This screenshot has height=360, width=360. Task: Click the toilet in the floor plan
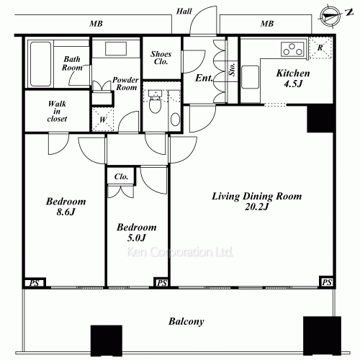tap(155, 102)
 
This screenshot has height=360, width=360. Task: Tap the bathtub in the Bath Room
tap(40, 64)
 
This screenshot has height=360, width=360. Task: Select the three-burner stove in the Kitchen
tap(292, 49)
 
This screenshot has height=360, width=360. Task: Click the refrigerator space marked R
tap(320, 48)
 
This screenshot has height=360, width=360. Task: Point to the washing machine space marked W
tap(103, 119)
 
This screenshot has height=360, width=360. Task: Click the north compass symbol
tap(330, 16)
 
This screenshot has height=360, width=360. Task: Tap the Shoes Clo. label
tap(161, 58)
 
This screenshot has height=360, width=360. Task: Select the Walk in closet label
tap(57, 111)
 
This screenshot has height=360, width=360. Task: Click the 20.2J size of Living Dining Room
tap(256, 207)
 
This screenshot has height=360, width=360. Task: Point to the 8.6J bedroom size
tap(66, 212)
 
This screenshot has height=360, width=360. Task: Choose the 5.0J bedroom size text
tap(136, 238)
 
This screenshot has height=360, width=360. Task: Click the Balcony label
tap(186, 321)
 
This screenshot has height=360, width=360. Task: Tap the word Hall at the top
tap(184, 11)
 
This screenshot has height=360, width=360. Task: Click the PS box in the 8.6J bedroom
tap(34, 283)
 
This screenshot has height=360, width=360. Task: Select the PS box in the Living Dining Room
tap(327, 282)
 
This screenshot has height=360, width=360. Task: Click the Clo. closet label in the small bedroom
tap(121, 176)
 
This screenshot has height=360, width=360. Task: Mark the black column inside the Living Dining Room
tap(320, 118)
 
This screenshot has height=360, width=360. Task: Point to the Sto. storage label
tap(232, 69)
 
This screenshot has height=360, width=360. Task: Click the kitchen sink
tap(250, 77)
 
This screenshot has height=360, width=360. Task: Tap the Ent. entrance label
tap(204, 78)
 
